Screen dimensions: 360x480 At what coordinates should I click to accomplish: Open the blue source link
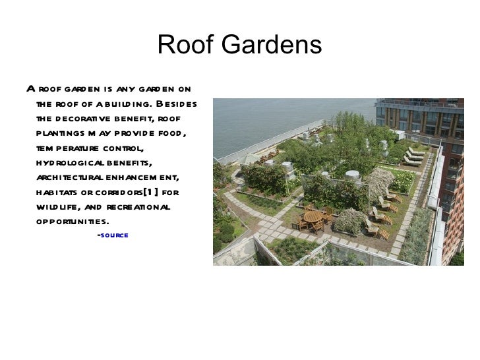[x=113, y=235]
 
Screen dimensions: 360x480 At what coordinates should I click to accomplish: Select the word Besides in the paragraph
[x=173, y=104]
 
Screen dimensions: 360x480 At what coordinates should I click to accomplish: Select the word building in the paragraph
[x=125, y=104]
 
